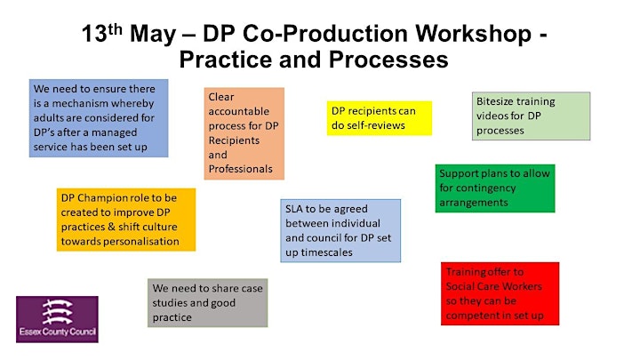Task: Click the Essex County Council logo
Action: pos(57,319)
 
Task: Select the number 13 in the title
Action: pos(94,34)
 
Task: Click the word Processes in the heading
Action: pos(388,60)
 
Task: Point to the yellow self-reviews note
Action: pos(380,118)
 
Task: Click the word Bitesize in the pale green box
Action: pos(495,101)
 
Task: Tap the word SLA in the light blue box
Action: pos(294,209)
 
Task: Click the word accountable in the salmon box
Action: pos(239,111)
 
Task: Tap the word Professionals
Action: pos(240,169)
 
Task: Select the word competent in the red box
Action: pos(472,316)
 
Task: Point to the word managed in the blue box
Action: pos(116,133)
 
